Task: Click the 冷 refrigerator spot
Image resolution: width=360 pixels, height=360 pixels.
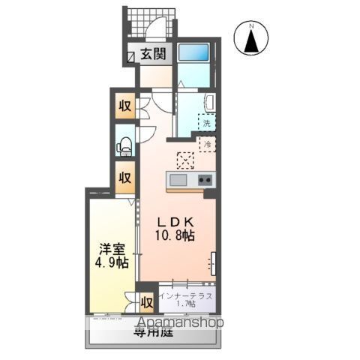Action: [x=205, y=142]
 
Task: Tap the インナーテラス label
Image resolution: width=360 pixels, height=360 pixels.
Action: [x=187, y=295]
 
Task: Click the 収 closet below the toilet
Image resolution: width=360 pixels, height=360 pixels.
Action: [x=124, y=178]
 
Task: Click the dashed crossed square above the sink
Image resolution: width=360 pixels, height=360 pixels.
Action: [x=185, y=160]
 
